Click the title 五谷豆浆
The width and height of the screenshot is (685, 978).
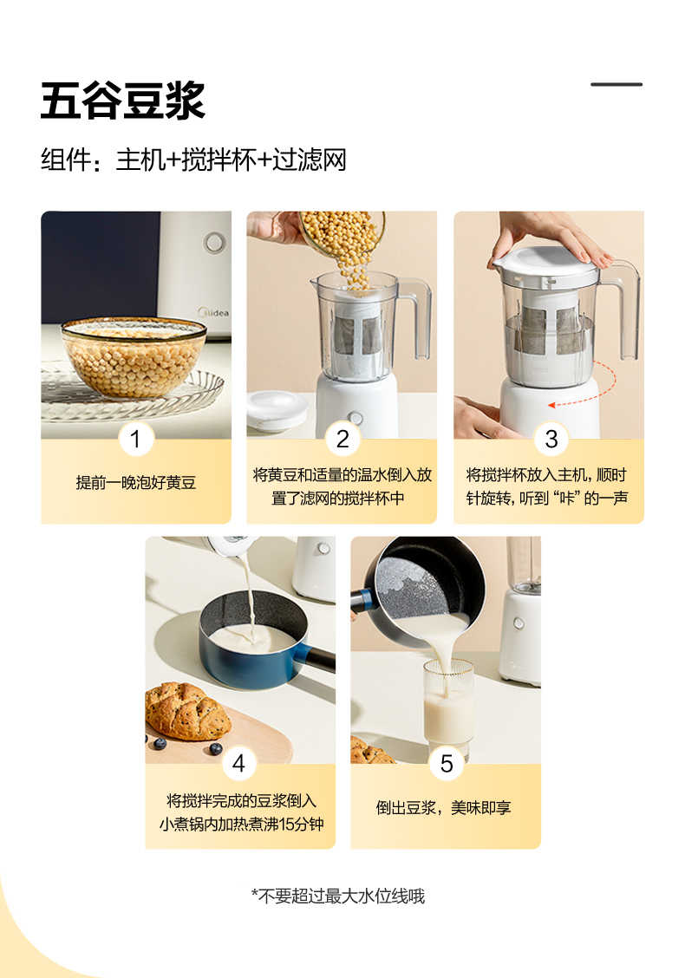[122, 101]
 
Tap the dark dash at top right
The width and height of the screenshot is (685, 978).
[616, 84]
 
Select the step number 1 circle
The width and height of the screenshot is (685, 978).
[135, 439]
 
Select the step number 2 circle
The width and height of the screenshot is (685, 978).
[342, 439]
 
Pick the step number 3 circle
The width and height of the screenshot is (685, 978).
[551, 439]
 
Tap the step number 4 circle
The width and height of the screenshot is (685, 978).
[238, 764]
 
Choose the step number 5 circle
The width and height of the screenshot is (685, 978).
[447, 764]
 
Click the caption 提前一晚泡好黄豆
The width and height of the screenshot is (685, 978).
[136, 483]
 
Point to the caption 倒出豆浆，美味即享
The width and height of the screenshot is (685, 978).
[444, 807]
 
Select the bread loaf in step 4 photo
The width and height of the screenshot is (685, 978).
[186, 710]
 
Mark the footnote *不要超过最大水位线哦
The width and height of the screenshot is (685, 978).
[338, 896]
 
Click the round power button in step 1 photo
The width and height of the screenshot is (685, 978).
[214, 242]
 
